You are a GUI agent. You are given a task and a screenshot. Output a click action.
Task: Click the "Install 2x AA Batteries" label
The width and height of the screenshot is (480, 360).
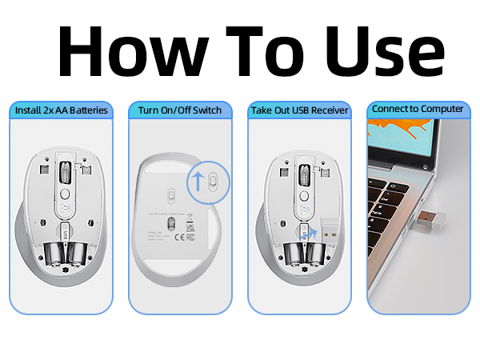tap(61, 110)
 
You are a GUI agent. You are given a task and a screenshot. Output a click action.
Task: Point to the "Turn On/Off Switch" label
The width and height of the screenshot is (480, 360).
tap(179, 110)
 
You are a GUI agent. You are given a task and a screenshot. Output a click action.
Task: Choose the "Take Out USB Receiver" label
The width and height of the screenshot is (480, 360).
tap(298, 110)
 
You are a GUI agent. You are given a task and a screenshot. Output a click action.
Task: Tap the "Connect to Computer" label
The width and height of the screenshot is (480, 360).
tap(418, 108)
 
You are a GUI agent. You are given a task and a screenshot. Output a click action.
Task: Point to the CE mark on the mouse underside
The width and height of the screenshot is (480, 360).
tap(181, 237)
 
